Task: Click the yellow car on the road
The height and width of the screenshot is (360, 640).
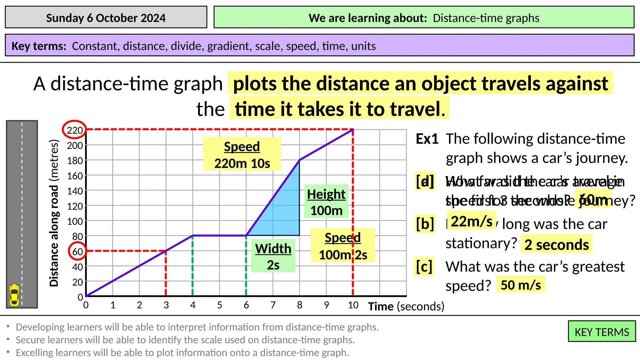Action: point(14,294)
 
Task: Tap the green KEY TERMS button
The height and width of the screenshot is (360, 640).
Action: point(602,332)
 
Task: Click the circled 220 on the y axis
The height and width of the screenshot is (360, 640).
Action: point(75,130)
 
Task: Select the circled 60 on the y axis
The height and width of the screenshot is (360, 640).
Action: point(77,251)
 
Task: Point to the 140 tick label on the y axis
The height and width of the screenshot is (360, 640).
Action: point(75,191)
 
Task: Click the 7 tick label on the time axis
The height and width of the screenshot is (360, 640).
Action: point(273,305)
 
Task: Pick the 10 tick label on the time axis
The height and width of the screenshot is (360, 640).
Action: point(353,305)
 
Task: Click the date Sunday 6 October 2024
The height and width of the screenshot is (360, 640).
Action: point(106,18)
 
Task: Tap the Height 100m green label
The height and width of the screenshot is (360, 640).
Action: point(326,202)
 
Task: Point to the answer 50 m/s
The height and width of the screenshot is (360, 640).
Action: point(521,285)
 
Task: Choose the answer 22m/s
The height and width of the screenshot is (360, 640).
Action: point(472,221)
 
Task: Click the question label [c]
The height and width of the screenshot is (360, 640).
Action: point(424,267)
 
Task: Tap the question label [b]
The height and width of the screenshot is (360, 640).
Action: point(425,224)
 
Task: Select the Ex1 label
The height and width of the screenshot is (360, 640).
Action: point(427,139)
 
